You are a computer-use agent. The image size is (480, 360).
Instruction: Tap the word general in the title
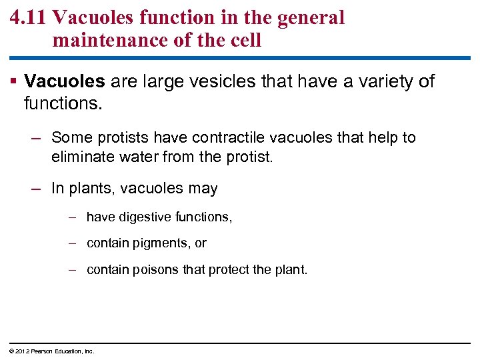click(308, 18)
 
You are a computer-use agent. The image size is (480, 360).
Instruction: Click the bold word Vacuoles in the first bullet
click(65, 82)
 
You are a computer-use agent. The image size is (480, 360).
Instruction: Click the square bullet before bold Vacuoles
click(14, 81)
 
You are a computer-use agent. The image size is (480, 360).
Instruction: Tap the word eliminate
click(79, 157)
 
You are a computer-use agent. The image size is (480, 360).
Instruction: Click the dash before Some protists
click(37, 138)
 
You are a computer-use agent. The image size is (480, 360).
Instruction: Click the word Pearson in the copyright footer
click(42, 351)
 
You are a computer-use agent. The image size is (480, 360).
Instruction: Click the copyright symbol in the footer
click(11, 351)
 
